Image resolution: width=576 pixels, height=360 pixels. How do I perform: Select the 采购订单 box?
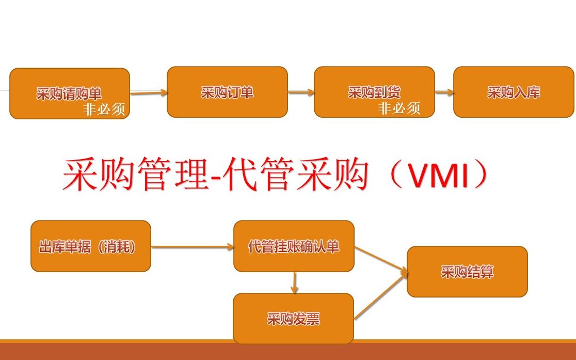227,92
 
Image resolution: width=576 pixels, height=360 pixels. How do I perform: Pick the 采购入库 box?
514,92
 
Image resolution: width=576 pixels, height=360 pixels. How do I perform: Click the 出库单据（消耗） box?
91,246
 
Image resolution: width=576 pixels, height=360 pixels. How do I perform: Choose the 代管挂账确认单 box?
294,246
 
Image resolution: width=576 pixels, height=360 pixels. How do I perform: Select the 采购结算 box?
467,272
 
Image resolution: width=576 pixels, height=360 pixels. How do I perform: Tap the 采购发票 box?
293,318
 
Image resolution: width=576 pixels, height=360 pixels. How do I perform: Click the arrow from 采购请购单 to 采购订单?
149,93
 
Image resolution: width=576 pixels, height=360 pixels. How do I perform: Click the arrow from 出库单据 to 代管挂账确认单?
192,247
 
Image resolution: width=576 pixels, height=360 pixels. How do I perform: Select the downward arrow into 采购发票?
294,282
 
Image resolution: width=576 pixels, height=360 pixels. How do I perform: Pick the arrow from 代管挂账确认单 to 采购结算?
380,258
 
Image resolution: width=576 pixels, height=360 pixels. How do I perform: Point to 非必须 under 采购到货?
399,108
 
